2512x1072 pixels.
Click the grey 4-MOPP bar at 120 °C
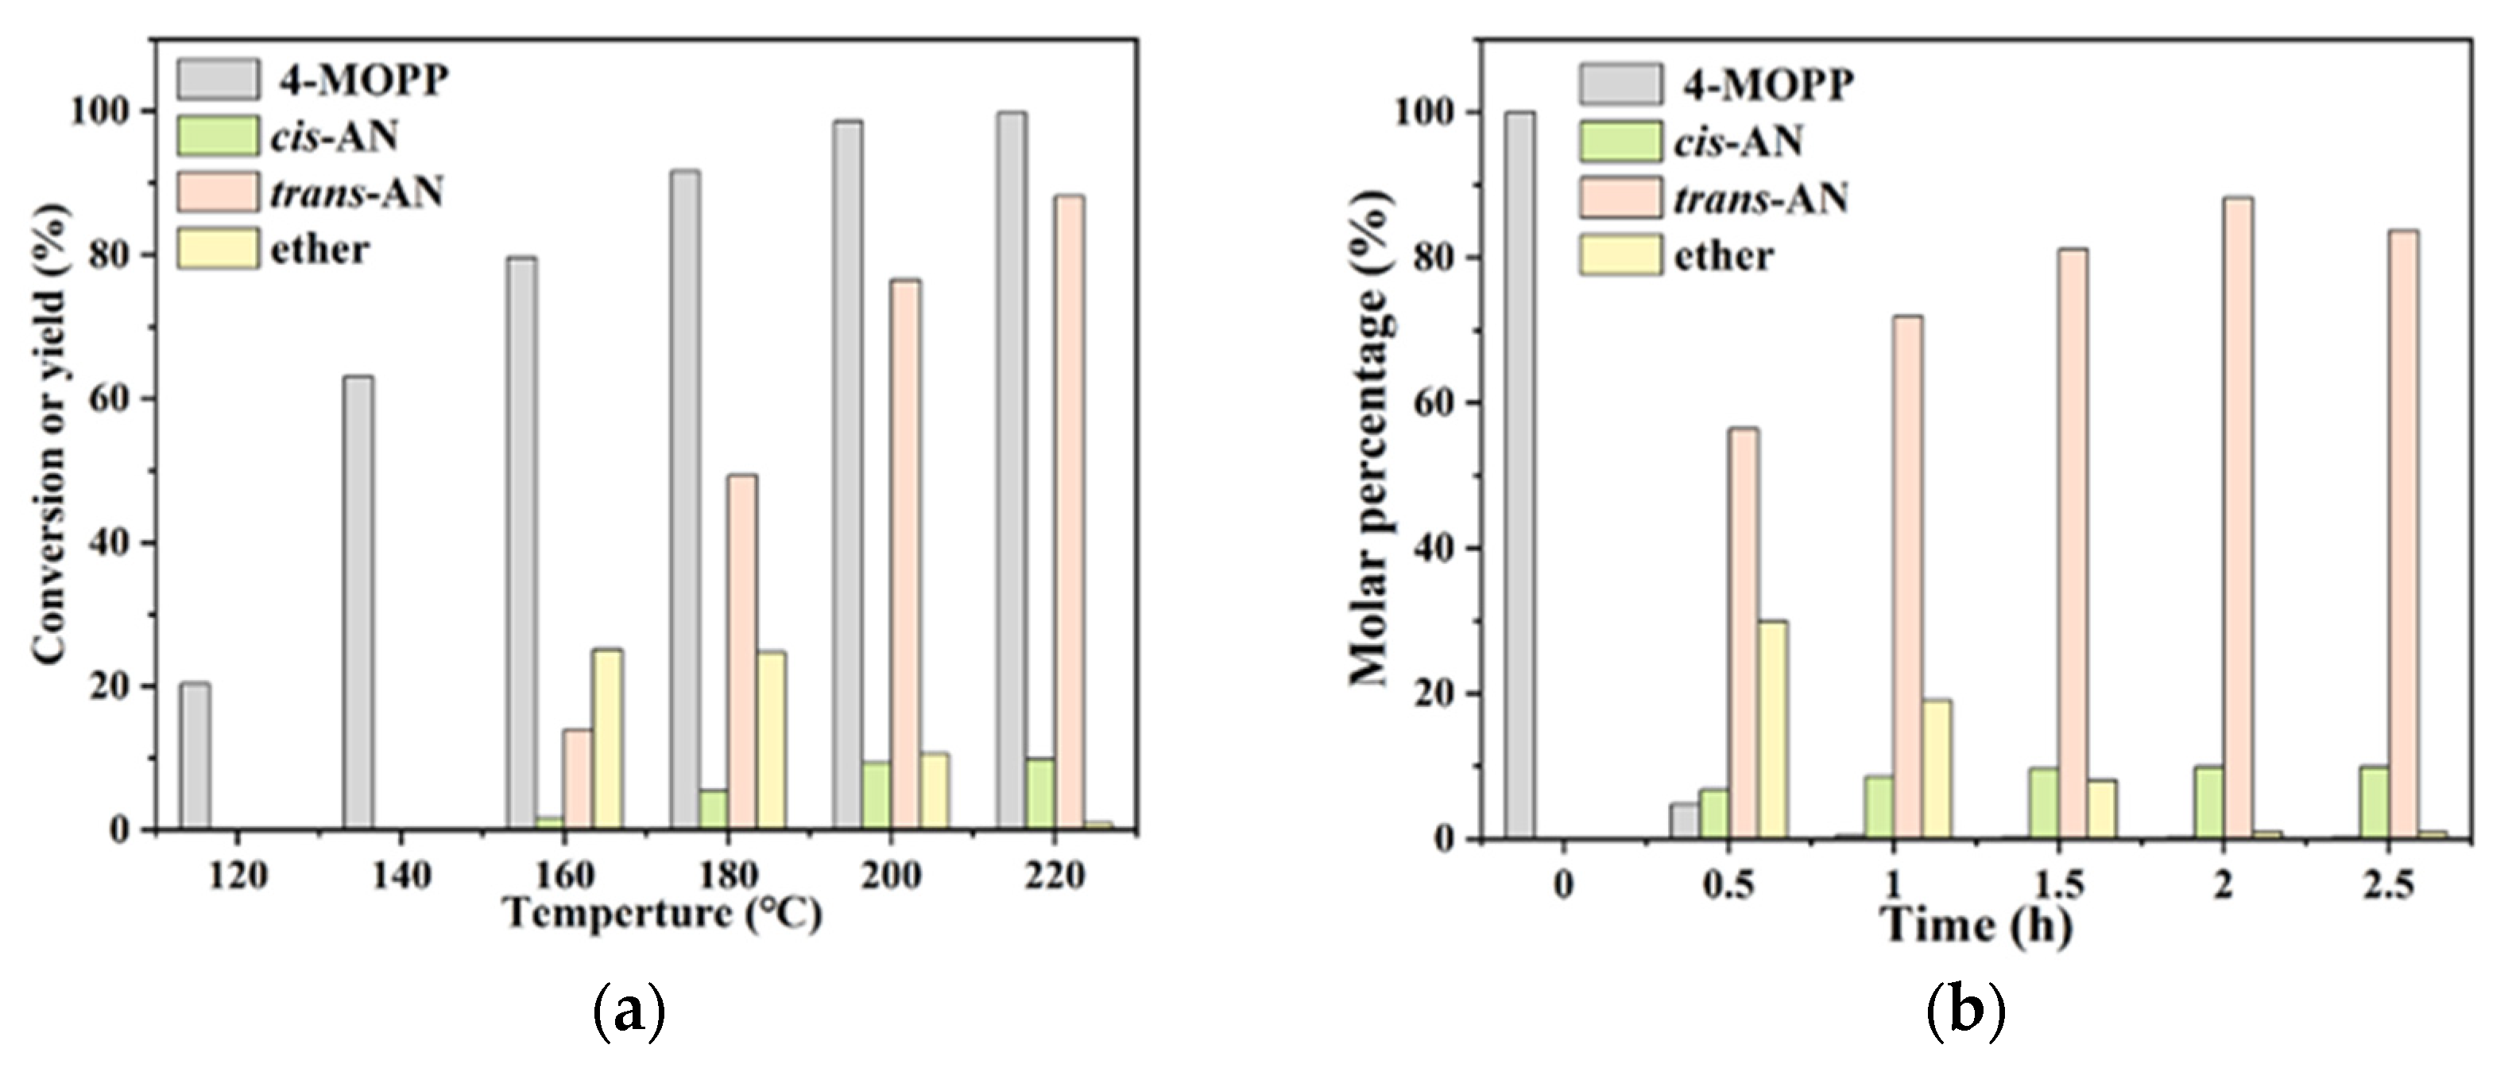[x=194, y=757]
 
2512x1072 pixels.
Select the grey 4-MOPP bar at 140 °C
[x=358, y=603]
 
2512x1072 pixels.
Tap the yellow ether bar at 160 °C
[x=607, y=740]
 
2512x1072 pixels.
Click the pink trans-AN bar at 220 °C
[x=1069, y=512]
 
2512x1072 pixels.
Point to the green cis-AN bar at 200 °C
[x=876, y=795]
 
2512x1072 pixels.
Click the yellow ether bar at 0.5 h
[x=1772, y=729]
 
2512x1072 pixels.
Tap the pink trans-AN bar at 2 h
[x=2238, y=517]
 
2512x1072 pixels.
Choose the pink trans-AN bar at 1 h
[x=1908, y=577]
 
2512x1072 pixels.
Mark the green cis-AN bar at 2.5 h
[x=2374, y=802]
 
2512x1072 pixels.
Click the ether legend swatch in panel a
[x=218, y=249]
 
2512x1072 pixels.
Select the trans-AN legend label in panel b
[x=1761, y=199]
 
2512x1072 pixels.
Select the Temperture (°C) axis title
[x=662, y=914]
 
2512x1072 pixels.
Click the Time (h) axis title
[x=1976, y=924]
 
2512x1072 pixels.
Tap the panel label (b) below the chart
[x=1966, y=1012]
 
